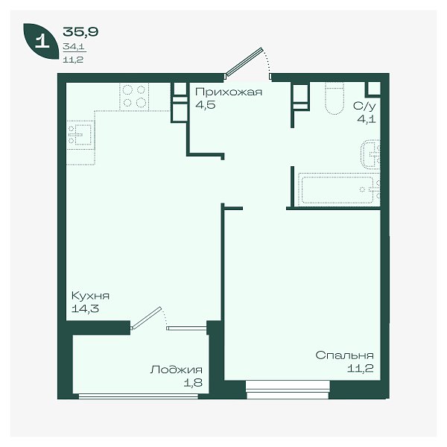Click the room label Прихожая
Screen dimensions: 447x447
click(229, 92)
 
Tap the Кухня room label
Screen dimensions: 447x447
click(90, 296)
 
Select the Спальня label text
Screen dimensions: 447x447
click(344, 355)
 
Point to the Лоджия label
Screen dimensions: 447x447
click(176, 370)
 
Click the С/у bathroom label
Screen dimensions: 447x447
click(364, 106)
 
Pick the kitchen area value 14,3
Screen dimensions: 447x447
click(85, 308)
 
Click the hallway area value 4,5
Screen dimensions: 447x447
click(206, 105)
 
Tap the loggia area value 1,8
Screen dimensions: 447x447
click(193, 383)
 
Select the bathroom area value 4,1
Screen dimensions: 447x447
click(367, 119)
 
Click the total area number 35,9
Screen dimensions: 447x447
click(80, 31)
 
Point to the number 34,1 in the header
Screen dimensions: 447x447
click(74, 46)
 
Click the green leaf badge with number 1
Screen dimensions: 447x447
click(42, 41)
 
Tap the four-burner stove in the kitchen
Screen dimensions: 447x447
click(134, 97)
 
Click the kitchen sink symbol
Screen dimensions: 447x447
click(80, 135)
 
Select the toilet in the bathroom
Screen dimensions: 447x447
click(335, 98)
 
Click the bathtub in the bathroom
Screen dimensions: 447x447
click(339, 189)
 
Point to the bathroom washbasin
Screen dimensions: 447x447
click(370, 154)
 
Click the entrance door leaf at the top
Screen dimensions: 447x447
click(244, 62)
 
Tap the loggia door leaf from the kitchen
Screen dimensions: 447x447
click(146, 318)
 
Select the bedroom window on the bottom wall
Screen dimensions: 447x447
click(288, 390)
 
